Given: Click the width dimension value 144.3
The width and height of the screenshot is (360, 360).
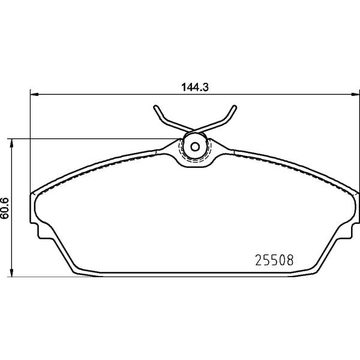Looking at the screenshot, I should [194, 86].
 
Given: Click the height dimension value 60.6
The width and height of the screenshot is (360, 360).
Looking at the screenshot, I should [5, 207].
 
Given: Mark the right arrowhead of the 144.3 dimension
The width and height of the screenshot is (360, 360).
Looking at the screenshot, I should [356, 94].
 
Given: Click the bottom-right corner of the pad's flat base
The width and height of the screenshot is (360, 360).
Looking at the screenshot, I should [313, 275].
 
